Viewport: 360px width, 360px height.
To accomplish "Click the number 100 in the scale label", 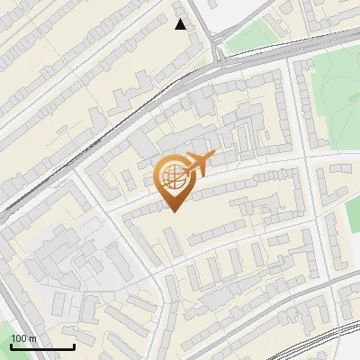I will click(x=18, y=338).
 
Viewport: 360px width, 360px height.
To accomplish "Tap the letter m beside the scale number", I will click(x=32, y=338).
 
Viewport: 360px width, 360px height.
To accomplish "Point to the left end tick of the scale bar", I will click(x=11, y=346).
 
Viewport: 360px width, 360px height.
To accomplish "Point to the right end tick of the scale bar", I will click(x=74, y=346).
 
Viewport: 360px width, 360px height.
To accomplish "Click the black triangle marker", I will click(x=181, y=24).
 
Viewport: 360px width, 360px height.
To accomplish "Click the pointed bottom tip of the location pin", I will click(x=173, y=211).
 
